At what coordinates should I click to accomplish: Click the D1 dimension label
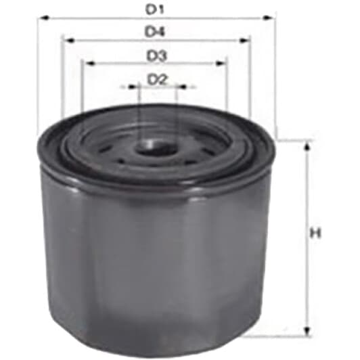click(x=155, y=10)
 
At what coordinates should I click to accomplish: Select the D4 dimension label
click(x=155, y=32)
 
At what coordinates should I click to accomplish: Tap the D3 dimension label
click(x=156, y=56)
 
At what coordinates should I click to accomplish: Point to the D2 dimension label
click(x=157, y=80)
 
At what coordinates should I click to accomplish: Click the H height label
click(x=315, y=233)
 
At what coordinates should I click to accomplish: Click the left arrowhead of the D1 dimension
click(x=43, y=18)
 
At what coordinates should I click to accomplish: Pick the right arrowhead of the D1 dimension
click(x=268, y=18)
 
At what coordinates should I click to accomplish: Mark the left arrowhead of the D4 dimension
click(x=68, y=41)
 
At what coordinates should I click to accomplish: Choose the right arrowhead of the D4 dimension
click(x=244, y=41)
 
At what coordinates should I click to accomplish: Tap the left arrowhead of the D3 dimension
click(x=89, y=63)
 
